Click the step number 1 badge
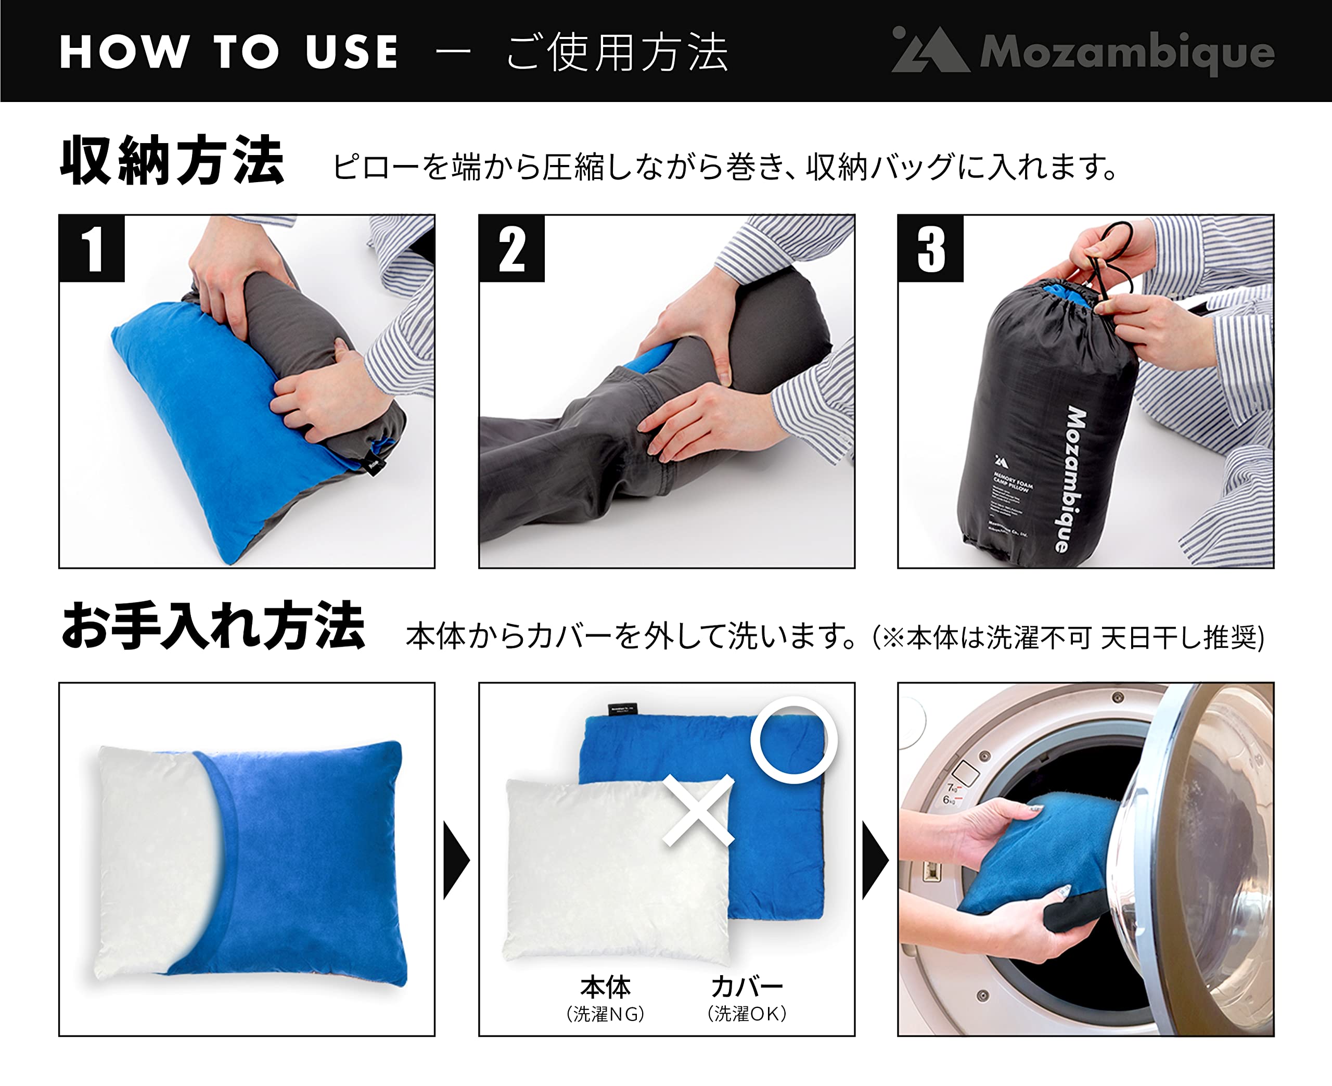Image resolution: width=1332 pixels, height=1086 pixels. [x=92, y=249]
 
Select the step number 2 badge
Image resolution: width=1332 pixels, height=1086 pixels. [x=511, y=249]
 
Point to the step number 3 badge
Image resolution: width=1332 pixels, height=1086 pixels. [x=930, y=249]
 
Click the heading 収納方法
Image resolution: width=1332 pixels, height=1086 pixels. [x=172, y=161]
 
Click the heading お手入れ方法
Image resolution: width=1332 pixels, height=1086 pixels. [x=213, y=625]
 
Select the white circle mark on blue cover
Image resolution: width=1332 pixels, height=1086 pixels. [x=793, y=740]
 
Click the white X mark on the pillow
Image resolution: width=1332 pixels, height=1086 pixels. [x=698, y=811]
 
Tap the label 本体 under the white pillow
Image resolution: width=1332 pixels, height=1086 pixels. [x=605, y=987]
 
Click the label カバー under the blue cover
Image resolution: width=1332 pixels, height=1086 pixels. [x=747, y=987]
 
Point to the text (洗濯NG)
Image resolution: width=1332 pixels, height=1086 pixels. [x=605, y=1014]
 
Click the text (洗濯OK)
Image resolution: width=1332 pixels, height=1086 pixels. [x=747, y=1014]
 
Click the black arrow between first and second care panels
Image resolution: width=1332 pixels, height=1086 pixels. [x=455, y=861]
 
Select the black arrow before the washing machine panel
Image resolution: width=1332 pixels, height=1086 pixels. [x=874, y=861]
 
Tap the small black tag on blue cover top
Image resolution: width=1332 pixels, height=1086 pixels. [x=622, y=709]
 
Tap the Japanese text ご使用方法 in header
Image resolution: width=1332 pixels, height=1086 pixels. [x=617, y=53]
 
